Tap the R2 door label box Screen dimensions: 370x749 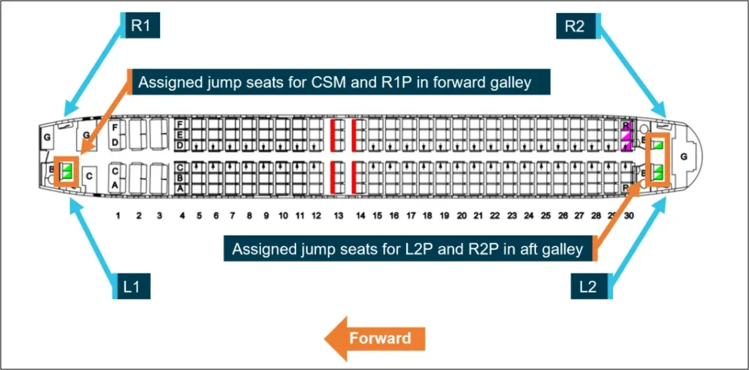575,26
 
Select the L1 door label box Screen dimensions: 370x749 132,287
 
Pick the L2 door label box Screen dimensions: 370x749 588,287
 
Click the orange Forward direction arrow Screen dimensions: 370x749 374,339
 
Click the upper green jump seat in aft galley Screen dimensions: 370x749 658,145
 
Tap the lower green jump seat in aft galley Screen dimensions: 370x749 658,173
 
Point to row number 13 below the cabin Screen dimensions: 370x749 338,216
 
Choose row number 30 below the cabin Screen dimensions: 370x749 630,216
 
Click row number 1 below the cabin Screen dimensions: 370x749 118,216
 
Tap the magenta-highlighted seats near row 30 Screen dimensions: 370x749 626,137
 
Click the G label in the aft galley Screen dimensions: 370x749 684,156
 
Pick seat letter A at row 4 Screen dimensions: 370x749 180,188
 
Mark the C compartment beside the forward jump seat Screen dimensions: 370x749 89,175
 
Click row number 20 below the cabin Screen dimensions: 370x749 461,216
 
